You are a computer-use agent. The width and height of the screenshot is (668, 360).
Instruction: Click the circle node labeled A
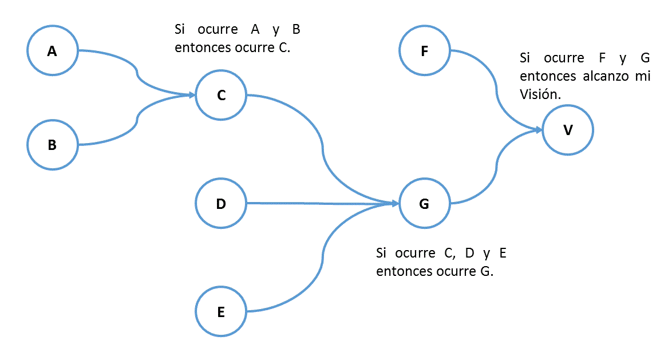pos(52,51)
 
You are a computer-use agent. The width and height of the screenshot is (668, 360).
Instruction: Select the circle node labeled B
pos(52,145)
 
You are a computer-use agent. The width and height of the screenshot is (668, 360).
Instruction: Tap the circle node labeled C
pos(221,96)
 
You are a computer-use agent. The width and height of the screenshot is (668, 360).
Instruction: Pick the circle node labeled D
pos(221,203)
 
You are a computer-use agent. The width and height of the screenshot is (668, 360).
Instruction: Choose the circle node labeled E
pos(221,312)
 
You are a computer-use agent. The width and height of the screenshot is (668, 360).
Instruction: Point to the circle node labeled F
pos(424,51)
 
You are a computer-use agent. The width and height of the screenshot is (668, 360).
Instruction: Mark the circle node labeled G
pos(424,203)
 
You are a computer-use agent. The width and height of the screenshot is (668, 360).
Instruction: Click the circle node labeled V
pos(568,130)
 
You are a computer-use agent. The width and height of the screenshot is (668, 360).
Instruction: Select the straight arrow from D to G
pos(321,203)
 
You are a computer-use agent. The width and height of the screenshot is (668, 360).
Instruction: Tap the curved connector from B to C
pos(136,120)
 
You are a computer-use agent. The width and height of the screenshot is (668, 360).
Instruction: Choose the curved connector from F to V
pos(496,92)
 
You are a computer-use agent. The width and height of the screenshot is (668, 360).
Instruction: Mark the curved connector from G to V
pos(496,169)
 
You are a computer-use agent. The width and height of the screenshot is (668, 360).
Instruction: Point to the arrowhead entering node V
pos(537,130)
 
